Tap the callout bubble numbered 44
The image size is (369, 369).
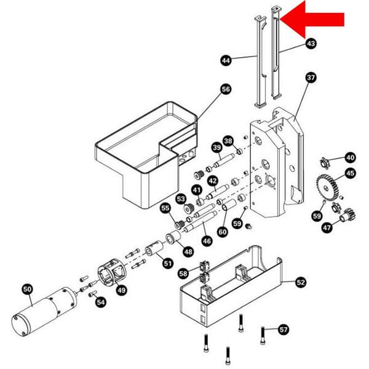click(x=226, y=60)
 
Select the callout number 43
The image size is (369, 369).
click(x=311, y=44)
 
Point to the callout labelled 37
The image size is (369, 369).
click(x=311, y=78)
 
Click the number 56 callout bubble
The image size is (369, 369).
click(x=226, y=89)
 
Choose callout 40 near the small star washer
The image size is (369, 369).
click(x=350, y=157)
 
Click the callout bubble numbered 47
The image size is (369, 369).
click(x=327, y=228)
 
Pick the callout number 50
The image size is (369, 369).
click(x=27, y=288)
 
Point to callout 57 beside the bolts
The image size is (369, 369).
click(x=284, y=329)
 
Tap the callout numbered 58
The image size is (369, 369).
click(x=183, y=272)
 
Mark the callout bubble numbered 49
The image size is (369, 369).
click(x=121, y=290)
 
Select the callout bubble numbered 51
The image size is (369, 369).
click(x=168, y=263)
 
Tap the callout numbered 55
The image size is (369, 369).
click(x=165, y=208)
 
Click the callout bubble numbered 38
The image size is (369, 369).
click(x=228, y=141)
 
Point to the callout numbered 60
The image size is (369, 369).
click(x=223, y=231)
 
